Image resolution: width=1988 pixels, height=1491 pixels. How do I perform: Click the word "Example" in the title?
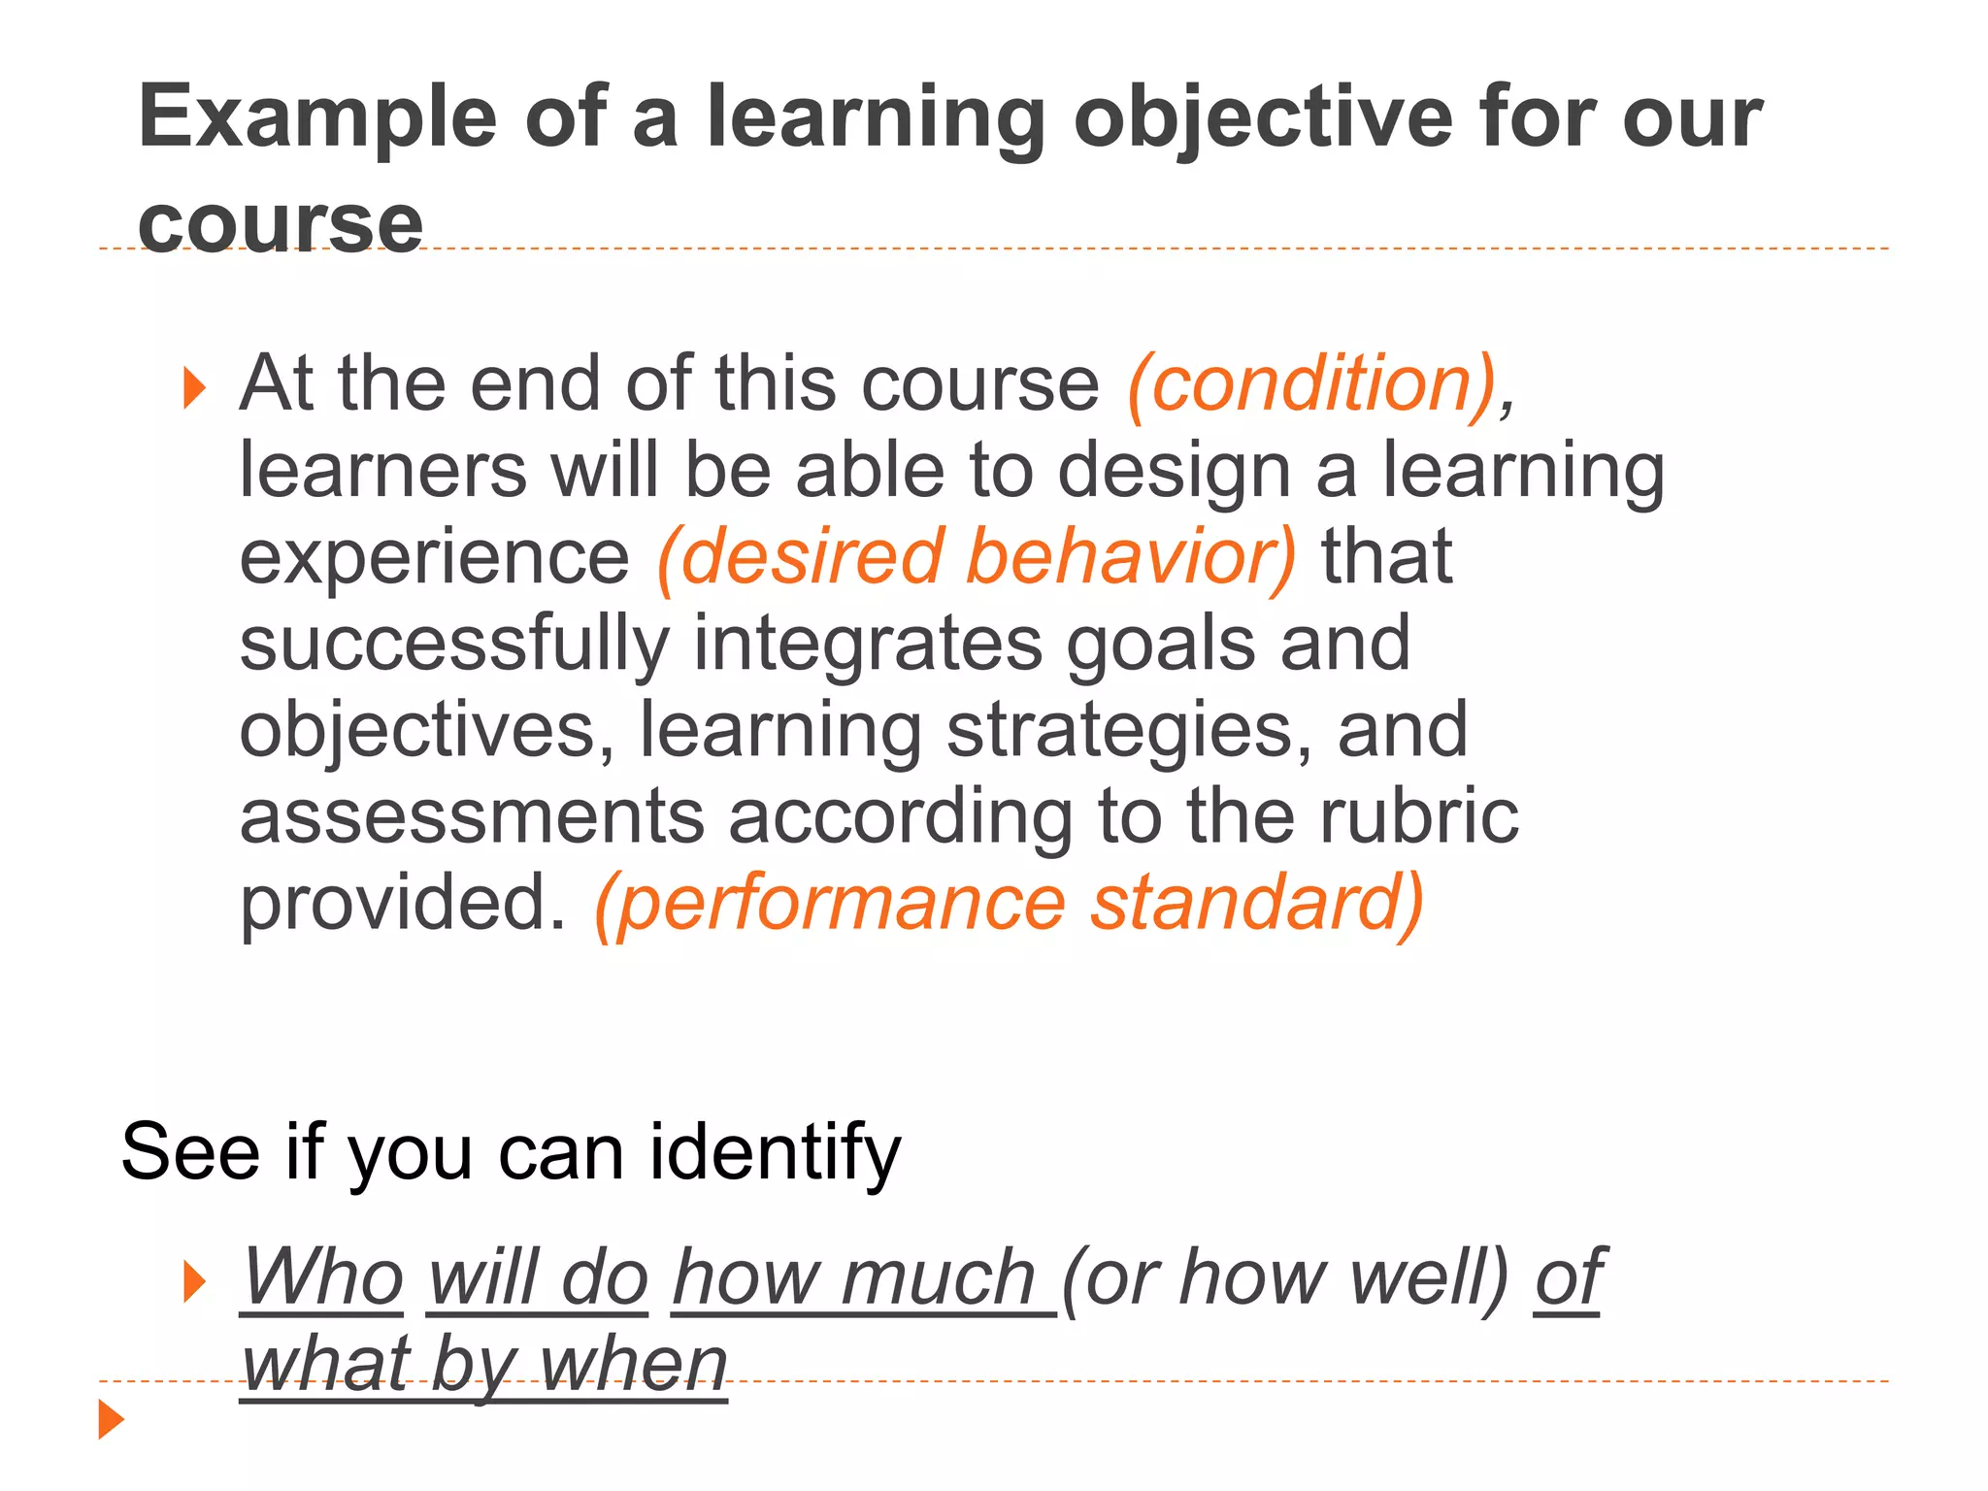pos(316,118)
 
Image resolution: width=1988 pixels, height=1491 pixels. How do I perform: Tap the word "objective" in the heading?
pos(1262,118)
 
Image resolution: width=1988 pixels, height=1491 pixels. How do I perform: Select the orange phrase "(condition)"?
pos(1310,384)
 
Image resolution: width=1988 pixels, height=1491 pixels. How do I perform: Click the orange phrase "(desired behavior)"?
pos(976,557)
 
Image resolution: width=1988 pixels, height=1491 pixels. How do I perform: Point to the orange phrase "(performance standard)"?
pos(1009,904)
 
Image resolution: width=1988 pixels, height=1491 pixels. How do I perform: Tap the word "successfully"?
pos(454,645)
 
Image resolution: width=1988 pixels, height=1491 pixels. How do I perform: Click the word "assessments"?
pos(472,816)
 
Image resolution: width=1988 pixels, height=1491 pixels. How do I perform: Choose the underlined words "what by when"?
pos(483,1364)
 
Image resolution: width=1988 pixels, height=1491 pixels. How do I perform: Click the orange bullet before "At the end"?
pos(195,388)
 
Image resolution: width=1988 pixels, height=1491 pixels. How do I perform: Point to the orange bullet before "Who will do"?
pos(195,1282)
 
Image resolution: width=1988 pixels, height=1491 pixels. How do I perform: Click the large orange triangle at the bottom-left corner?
pos(111,1419)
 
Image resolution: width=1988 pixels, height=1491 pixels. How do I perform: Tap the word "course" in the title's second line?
pos(281,224)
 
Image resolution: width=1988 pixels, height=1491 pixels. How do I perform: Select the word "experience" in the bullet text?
pos(434,557)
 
